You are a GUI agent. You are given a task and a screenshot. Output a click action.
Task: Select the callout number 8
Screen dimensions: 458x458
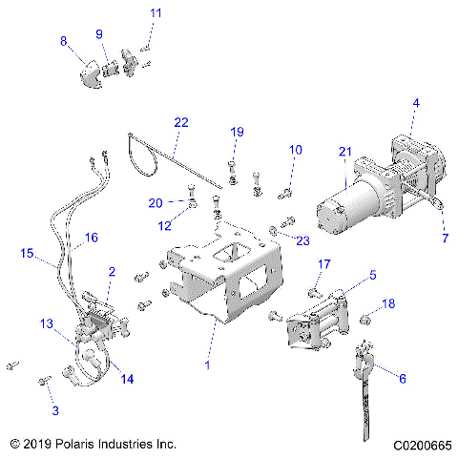click(x=64, y=41)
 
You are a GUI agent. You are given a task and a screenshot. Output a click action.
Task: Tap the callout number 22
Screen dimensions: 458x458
click(x=181, y=122)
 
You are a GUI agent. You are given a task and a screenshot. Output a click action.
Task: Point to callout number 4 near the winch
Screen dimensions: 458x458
click(x=415, y=102)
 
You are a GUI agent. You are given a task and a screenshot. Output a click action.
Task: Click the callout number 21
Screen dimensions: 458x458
click(x=345, y=152)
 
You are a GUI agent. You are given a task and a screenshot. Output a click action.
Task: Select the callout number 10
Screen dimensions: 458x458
click(x=295, y=150)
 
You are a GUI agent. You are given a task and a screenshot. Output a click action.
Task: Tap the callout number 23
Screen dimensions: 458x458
click(x=303, y=240)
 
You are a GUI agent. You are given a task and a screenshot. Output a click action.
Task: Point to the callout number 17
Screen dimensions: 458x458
click(x=324, y=264)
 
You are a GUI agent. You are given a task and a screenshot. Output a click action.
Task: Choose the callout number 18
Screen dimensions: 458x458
click(x=388, y=303)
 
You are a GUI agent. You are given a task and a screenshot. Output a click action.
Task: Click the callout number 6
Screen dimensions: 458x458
click(x=402, y=379)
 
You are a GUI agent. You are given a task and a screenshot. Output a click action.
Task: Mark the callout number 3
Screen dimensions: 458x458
click(x=55, y=409)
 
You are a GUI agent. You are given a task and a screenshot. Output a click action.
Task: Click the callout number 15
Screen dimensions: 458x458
click(x=28, y=253)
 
